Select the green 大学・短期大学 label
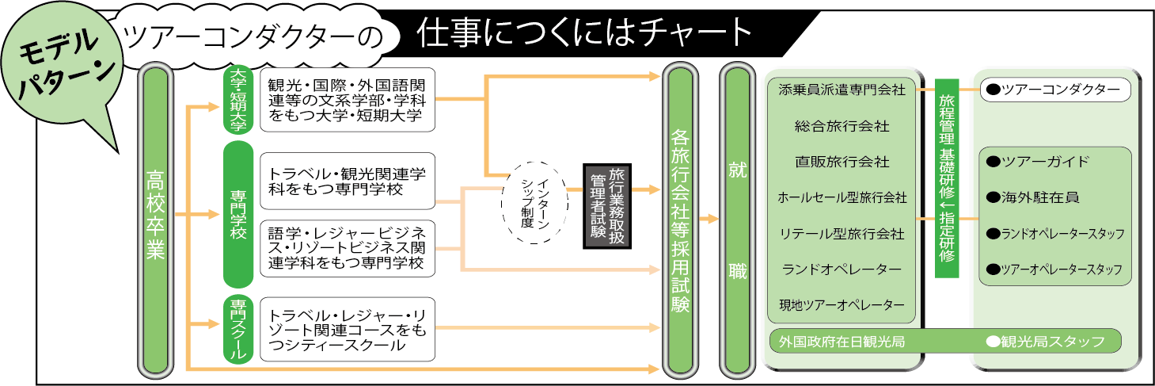click(x=237, y=99)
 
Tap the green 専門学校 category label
click(x=237, y=214)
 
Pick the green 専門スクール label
click(x=237, y=331)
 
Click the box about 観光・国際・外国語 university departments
click(x=348, y=100)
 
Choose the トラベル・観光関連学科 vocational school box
click(x=348, y=181)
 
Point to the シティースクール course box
click(x=348, y=331)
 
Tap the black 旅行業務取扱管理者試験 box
click(x=610, y=204)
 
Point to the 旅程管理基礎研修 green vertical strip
click(x=947, y=178)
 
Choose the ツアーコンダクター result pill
click(x=1055, y=90)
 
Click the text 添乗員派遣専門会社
click(x=842, y=90)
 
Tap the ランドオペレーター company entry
click(x=842, y=269)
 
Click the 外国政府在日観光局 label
click(x=842, y=342)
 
